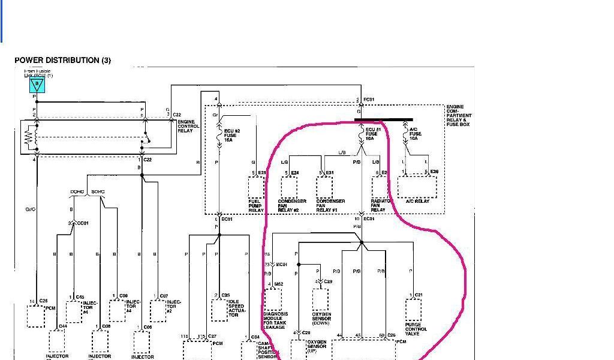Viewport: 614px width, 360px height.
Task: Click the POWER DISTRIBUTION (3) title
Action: pos(63,60)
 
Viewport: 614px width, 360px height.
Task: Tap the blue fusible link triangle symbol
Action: pos(37,85)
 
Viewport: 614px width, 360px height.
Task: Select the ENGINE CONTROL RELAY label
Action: pos(185,126)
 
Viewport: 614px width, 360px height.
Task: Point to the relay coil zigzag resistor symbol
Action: pos(27,137)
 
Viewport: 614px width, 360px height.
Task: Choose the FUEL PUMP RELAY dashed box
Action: pos(257,187)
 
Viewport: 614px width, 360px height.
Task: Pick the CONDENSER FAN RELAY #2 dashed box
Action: pos(289,187)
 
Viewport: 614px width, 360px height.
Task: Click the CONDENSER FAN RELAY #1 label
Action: pos(330,206)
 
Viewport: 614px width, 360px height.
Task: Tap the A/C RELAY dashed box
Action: pos(417,187)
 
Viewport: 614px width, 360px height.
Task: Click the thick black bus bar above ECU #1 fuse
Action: pos(383,120)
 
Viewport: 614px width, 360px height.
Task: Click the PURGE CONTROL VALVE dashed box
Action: pos(413,310)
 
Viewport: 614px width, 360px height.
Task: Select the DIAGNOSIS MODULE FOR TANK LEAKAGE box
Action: pos(273,299)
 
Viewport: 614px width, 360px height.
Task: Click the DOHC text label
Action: pos(77,192)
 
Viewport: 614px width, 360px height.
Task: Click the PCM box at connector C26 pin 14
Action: pos(36,316)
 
